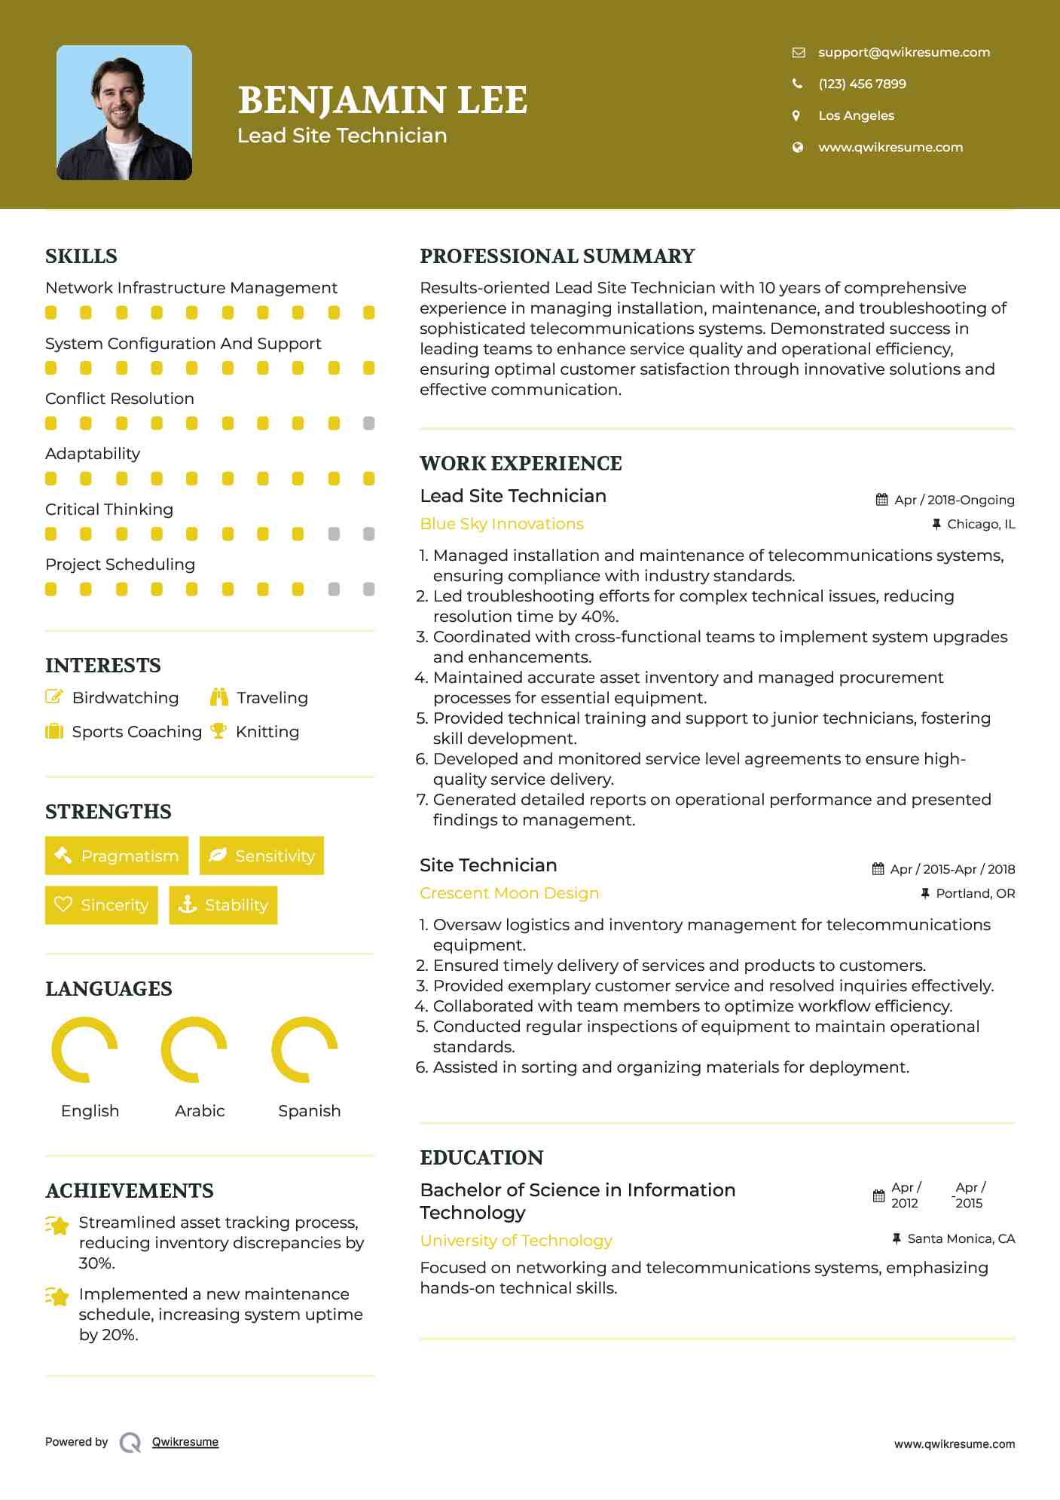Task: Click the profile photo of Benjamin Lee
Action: pyautogui.click(x=124, y=113)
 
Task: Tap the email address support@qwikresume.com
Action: pyautogui.click(x=904, y=52)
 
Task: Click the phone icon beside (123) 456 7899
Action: pyautogui.click(x=797, y=84)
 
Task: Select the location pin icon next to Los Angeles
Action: pyautogui.click(x=796, y=115)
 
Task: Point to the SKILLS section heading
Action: pyautogui.click(x=81, y=256)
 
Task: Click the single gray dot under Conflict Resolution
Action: pyautogui.click(x=368, y=424)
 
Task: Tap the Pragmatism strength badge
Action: pyautogui.click(x=117, y=856)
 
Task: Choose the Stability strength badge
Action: pyautogui.click(x=223, y=905)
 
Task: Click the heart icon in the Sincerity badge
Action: pyautogui.click(x=63, y=905)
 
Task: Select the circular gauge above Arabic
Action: pyautogui.click(x=194, y=1049)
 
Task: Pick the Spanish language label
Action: pyautogui.click(x=310, y=1110)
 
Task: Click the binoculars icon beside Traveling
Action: pyautogui.click(x=219, y=697)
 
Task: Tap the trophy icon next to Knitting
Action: pyautogui.click(x=218, y=731)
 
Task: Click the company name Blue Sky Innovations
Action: pyautogui.click(x=502, y=524)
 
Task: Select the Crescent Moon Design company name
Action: pyautogui.click(x=509, y=893)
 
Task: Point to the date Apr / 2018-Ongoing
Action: pyautogui.click(x=954, y=500)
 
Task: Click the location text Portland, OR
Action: pyautogui.click(x=975, y=893)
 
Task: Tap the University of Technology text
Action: pyautogui.click(x=516, y=1240)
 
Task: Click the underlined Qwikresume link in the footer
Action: pyautogui.click(x=185, y=1442)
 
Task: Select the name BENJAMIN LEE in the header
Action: pyautogui.click(x=383, y=100)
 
